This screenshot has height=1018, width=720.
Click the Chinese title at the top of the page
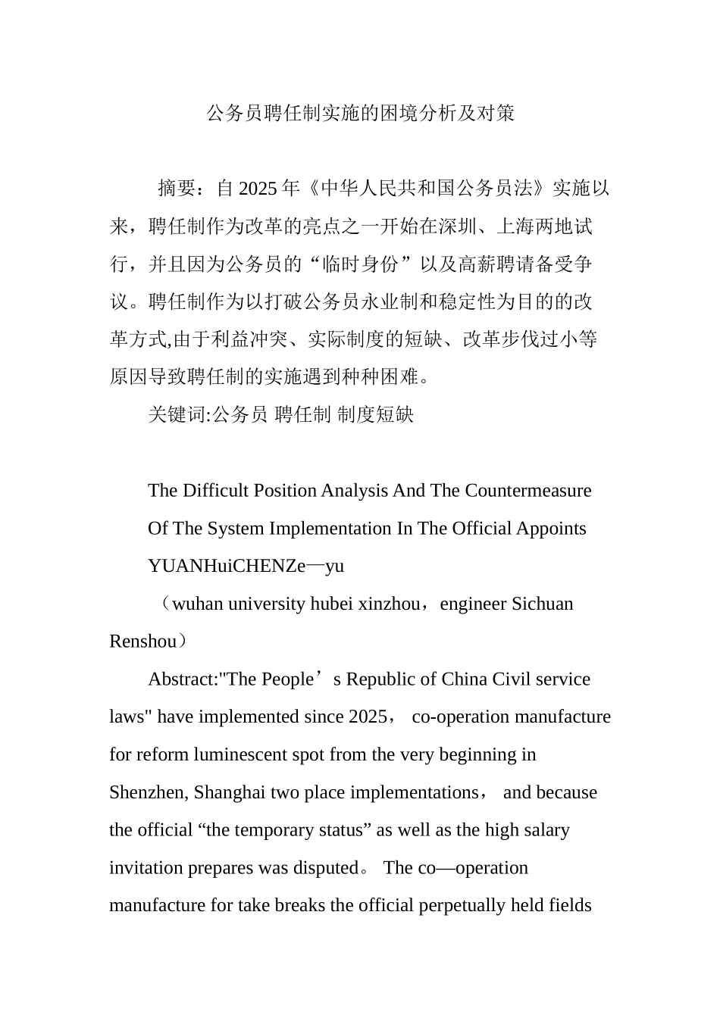click(361, 114)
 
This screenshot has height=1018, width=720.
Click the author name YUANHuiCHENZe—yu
click(246, 567)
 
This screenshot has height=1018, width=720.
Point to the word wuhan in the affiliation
click(198, 604)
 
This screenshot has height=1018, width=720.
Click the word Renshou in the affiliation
click(142, 642)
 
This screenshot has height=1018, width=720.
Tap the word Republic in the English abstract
click(381, 679)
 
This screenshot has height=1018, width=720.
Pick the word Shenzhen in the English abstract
click(148, 793)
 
